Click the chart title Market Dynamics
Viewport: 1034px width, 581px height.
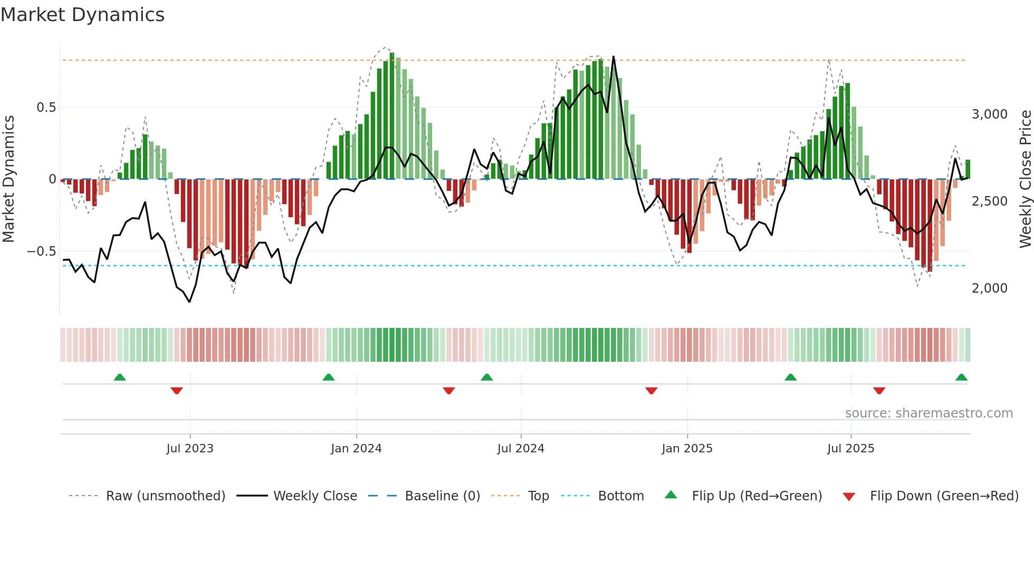83,15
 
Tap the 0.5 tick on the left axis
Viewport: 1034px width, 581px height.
46,108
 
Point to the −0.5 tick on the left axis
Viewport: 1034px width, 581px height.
42,251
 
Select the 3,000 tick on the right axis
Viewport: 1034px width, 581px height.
989,114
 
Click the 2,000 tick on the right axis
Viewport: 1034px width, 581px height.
989,288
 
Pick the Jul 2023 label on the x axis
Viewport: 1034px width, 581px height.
190,449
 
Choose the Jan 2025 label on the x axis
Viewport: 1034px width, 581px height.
687,449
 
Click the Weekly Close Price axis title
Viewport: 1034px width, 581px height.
1025,179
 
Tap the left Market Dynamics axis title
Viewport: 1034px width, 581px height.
8,179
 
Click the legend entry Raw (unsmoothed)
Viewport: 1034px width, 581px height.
165,496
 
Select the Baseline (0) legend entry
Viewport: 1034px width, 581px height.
442,496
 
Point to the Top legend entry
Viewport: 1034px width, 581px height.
538,496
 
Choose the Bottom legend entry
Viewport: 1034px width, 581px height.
621,496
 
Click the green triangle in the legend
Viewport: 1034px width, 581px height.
671,495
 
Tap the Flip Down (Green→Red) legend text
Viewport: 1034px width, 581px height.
944,496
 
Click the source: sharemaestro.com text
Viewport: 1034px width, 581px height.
928,413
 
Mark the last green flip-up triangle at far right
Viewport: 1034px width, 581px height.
961,377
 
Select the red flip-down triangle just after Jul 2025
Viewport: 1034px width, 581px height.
879,391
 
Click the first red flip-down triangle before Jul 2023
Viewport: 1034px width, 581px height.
177,391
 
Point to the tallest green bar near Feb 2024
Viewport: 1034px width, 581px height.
392,116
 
